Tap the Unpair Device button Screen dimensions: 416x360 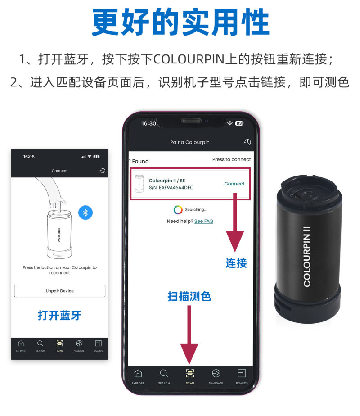59,291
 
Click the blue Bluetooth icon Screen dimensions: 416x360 85,213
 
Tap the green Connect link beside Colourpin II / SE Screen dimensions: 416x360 234,184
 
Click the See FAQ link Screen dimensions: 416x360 203,222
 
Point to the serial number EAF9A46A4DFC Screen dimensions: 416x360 171,188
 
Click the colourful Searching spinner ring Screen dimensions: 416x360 178,209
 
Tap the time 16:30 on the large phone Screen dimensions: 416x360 148,123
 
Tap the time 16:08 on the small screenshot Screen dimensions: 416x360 29,157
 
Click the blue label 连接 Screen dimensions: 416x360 236,263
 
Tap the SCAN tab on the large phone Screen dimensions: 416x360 190,376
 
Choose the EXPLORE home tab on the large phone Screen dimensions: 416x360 138,376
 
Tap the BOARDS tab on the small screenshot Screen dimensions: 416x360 98,346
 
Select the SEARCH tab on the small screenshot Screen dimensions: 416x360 40,346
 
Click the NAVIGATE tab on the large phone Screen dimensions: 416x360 216,376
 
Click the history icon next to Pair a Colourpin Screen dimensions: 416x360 247,142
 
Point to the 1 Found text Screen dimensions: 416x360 139,161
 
